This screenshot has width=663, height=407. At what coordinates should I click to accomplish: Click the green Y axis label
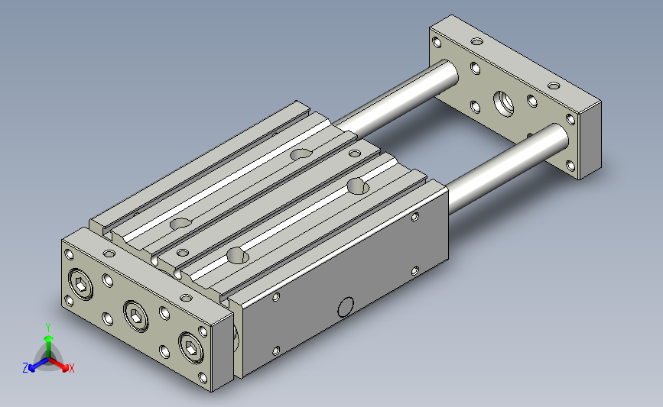pyautogui.click(x=48, y=328)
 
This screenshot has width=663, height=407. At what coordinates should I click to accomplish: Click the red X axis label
pyautogui.click(x=71, y=368)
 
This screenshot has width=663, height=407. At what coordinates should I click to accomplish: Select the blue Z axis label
pyautogui.click(x=25, y=368)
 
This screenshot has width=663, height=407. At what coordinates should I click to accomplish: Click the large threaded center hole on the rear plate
pyautogui.click(x=504, y=104)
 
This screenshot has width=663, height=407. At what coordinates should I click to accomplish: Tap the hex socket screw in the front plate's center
pyautogui.click(x=135, y=316)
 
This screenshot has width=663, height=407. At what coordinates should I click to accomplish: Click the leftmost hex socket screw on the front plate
pyautogui.click(x=81, y=284)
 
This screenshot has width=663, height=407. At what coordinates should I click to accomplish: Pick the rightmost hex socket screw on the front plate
pyautogui.click(x=191, y=347)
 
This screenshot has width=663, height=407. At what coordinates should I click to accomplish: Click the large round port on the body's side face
pyautogui.click(x=346, y=307)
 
